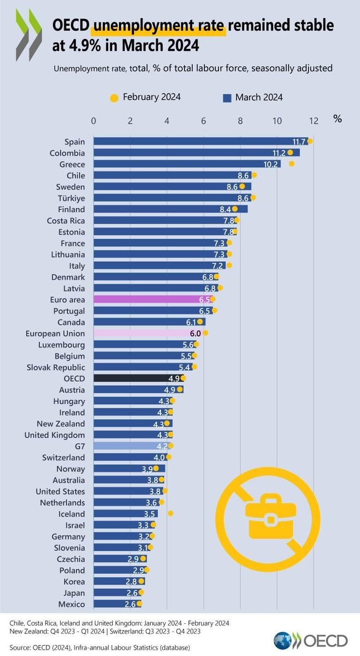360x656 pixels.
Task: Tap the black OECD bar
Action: (x=137, y=378)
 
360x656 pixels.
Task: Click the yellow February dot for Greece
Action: (x=292, y=163)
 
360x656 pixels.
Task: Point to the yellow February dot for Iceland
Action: (x=170, y=513)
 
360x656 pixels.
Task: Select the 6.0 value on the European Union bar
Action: (x=196, y=333)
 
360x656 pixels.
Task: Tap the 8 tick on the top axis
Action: (x=240, y=120)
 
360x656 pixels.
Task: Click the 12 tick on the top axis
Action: (x=314, y=120)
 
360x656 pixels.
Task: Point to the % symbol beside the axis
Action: (x=338, y=119)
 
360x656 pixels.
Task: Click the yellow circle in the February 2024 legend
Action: (x=114, y=98)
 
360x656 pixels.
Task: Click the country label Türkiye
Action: (x=69, y=198)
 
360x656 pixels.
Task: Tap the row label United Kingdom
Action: (x=55, y=435)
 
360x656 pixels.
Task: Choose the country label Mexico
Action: (x=72, y=604)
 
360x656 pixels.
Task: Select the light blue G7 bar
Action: (x=131, y=446)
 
